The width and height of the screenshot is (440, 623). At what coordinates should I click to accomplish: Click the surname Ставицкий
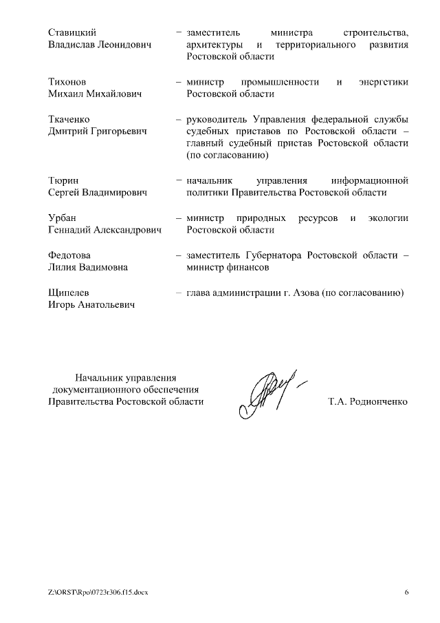click(72, 33)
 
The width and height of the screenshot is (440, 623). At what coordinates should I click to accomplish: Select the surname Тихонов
click(67, 83)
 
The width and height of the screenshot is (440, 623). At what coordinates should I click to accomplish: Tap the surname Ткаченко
click(69, 120)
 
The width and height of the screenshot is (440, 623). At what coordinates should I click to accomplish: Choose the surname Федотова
click(69, 255)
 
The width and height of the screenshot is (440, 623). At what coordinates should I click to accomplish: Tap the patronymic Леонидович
click(124, 45)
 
